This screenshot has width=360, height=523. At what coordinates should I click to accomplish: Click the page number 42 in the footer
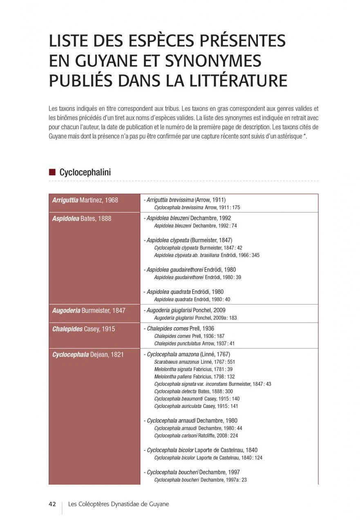52,504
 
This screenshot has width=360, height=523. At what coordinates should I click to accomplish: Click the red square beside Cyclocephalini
52,172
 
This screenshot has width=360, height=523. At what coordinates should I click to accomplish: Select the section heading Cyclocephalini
85,172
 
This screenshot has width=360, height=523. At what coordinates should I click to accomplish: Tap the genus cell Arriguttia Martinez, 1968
85,200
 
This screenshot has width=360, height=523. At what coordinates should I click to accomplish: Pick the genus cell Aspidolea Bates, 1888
82,219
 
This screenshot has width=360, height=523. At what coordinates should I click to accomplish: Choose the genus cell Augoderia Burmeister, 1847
89,311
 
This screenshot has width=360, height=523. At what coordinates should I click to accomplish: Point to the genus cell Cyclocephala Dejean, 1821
88,355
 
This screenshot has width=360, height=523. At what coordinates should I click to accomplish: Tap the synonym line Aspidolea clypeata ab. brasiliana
207,255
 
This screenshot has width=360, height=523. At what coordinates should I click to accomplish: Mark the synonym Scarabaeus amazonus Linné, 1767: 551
195,362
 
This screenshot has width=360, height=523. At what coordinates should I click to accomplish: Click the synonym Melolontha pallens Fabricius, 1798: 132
195,377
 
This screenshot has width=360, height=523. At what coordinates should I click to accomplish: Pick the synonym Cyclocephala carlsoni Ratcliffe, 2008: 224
196,436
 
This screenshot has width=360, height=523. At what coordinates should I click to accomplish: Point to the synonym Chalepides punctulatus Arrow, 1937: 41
195,344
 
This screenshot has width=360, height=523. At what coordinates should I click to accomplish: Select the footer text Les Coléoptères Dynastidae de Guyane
119,504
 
